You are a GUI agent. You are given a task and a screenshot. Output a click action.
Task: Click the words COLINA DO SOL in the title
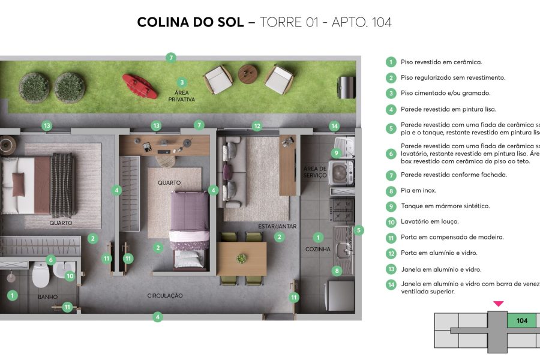click(x=190, y=22)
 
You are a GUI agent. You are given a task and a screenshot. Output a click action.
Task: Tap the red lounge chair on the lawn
click(x=140, y=85)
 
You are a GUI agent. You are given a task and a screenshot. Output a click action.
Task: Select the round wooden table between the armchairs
click(x=248, y=74)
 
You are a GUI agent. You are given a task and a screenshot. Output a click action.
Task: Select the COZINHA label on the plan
click(x=318, y=249)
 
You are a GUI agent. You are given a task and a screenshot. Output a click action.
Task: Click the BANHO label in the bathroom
click(x=47, y=297)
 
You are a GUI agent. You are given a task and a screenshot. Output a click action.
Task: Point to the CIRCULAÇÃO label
click(x=165, y=296)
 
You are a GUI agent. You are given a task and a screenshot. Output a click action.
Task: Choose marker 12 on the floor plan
click(x=257, y=126)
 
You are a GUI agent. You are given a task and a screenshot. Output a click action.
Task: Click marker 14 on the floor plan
click(x=334, y=126)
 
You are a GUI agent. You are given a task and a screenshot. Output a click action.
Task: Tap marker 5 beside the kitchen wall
click(x=359, y=230)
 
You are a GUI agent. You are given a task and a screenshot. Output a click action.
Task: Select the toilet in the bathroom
click(x=41, y=275)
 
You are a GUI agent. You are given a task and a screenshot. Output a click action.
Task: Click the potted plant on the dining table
click(x=242, y=259)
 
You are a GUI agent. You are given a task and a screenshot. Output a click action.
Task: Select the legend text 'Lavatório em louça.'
click(x=427, y=221)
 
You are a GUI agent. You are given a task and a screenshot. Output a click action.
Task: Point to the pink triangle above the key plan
click(x=498, y=304)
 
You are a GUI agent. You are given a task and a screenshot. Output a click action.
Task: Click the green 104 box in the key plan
click(x=522, y=320)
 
